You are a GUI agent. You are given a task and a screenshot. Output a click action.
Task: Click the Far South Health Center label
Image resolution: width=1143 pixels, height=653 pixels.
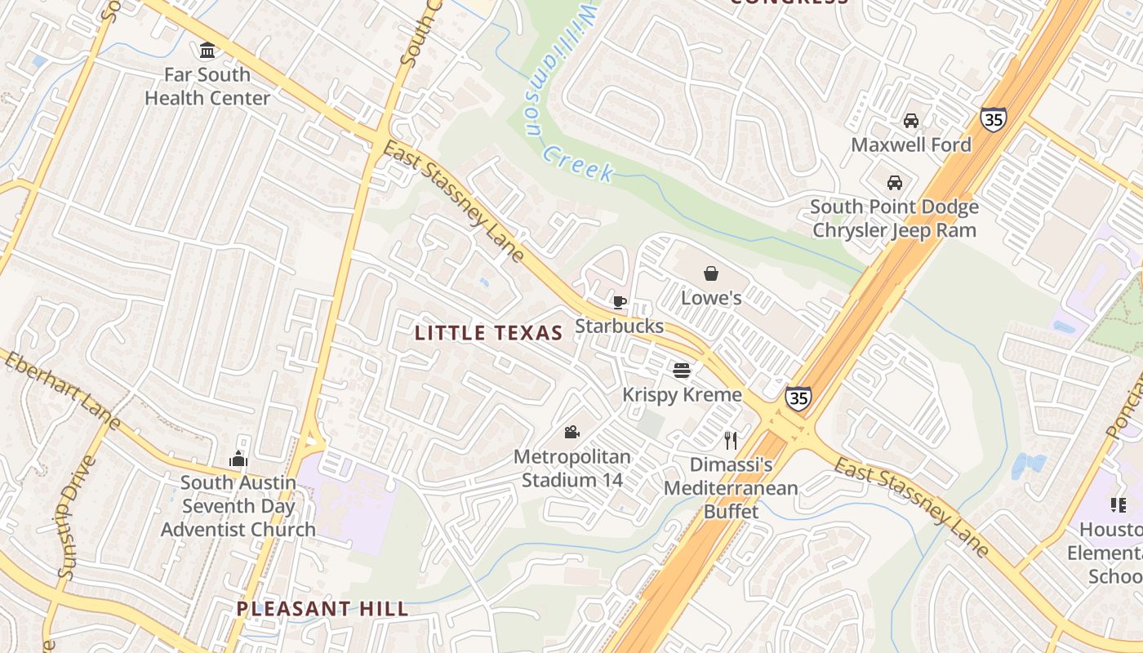click(x=207, y=87)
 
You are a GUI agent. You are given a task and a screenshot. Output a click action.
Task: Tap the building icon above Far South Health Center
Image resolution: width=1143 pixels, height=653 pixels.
click(x=207, y=51)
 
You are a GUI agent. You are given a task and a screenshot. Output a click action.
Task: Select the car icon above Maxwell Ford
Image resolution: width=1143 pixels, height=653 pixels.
click(x=911, y=121)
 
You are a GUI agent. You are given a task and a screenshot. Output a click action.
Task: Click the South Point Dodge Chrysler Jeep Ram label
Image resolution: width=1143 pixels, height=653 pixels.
click(x=894, y=218)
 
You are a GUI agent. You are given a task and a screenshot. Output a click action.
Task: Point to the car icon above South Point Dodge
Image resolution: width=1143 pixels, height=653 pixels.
click(x=895, y=182)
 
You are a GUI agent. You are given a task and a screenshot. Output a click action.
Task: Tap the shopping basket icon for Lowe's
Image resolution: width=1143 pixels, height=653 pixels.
click(x=711, y=273)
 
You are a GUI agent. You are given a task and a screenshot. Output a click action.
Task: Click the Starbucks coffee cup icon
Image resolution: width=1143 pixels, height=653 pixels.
click(x=620, y=303)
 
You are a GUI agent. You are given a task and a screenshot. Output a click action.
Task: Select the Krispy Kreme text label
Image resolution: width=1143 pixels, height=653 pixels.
click(x=682, y=395)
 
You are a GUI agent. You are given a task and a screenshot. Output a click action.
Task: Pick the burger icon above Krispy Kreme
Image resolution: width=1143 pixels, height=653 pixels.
click(x=682, y=371)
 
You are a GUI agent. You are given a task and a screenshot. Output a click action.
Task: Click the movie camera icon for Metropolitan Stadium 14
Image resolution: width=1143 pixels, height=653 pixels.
click(x=571, y=432)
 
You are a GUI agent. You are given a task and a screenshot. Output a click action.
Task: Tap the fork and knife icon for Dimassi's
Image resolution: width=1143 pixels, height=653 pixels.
click(x=731, y=441)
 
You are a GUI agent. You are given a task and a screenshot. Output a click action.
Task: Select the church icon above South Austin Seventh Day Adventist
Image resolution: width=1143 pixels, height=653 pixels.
click(x=238, y=459)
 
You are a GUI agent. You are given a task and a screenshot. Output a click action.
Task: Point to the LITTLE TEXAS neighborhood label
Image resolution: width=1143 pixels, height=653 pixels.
click(x=488, y=333)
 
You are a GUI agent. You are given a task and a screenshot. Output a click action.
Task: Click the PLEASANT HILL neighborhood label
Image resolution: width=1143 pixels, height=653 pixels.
click(x=322, y=609)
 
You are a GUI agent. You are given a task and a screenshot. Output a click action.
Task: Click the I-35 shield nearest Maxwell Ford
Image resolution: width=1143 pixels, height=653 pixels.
click(x=994, y=118)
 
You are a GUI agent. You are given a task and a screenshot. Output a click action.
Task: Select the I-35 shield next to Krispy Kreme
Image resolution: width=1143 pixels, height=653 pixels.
click(x=798, y=398)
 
